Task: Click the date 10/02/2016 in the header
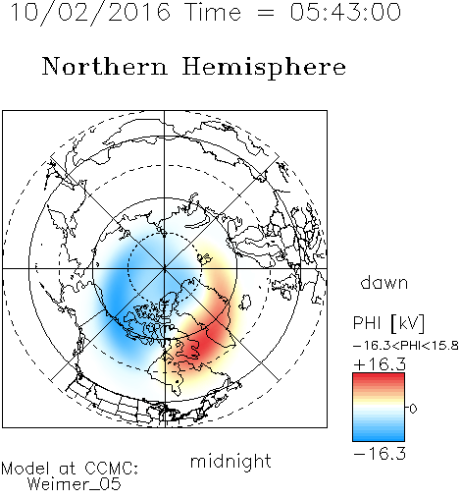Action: coord(90,13)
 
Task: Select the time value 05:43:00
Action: coord(345,12)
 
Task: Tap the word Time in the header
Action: coord(213,12)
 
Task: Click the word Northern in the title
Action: coord(105,67)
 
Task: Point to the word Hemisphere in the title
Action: coord(264,68)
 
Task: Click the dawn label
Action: coord(384,283)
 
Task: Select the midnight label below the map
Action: coord(230,461)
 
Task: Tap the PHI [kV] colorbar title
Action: coord(388,323)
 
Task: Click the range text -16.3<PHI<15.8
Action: coord(406,346)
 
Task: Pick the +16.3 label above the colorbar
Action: coord(380,364)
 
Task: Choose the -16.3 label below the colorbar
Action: coord(380,454)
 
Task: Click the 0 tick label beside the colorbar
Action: coord(413,409)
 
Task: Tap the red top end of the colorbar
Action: coord(379,376)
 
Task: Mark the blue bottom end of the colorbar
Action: coord(379,438)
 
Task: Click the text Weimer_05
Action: coord(75,484)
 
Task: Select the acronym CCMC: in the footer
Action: coord(112,469)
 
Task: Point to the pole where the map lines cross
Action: coord(165,268)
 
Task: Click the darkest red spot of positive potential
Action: coord(206,341)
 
